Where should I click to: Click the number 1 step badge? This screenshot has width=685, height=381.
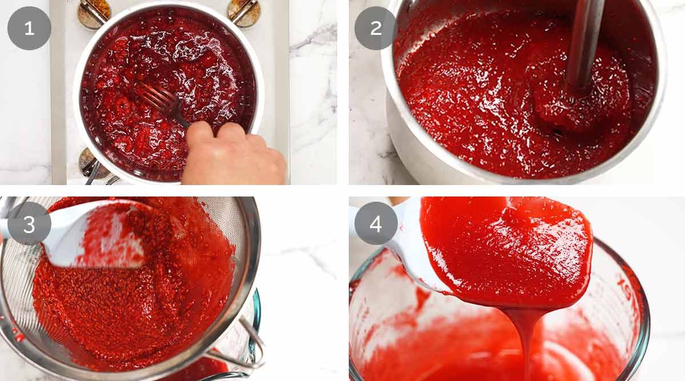[x=29, y=28]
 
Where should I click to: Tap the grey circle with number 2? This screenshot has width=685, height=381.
[x=376, y=28]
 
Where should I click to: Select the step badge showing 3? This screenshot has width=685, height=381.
[x=29, y=224]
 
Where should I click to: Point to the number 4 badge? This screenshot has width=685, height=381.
[x=376, y=223]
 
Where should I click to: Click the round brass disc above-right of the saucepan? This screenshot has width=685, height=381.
[x=244, y=12]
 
